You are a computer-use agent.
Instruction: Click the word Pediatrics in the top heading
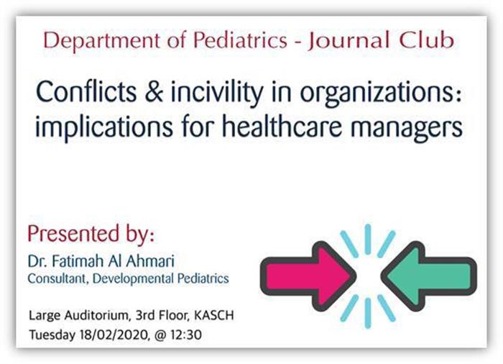coord(241,41)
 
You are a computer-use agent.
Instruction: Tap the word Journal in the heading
coord(349,41)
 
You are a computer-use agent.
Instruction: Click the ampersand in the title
coord(154,91)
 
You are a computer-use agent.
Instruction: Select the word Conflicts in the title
coord(86,91)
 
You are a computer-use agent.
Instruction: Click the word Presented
coord(73,233)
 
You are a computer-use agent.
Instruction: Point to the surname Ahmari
coord(150,261)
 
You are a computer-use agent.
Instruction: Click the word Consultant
coord(57,278)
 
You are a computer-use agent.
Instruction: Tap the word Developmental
coord(133,278)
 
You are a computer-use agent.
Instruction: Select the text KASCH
coord(214,316)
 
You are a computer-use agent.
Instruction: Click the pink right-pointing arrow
coord(308,276)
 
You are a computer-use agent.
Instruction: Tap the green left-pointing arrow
coord(429,276)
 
